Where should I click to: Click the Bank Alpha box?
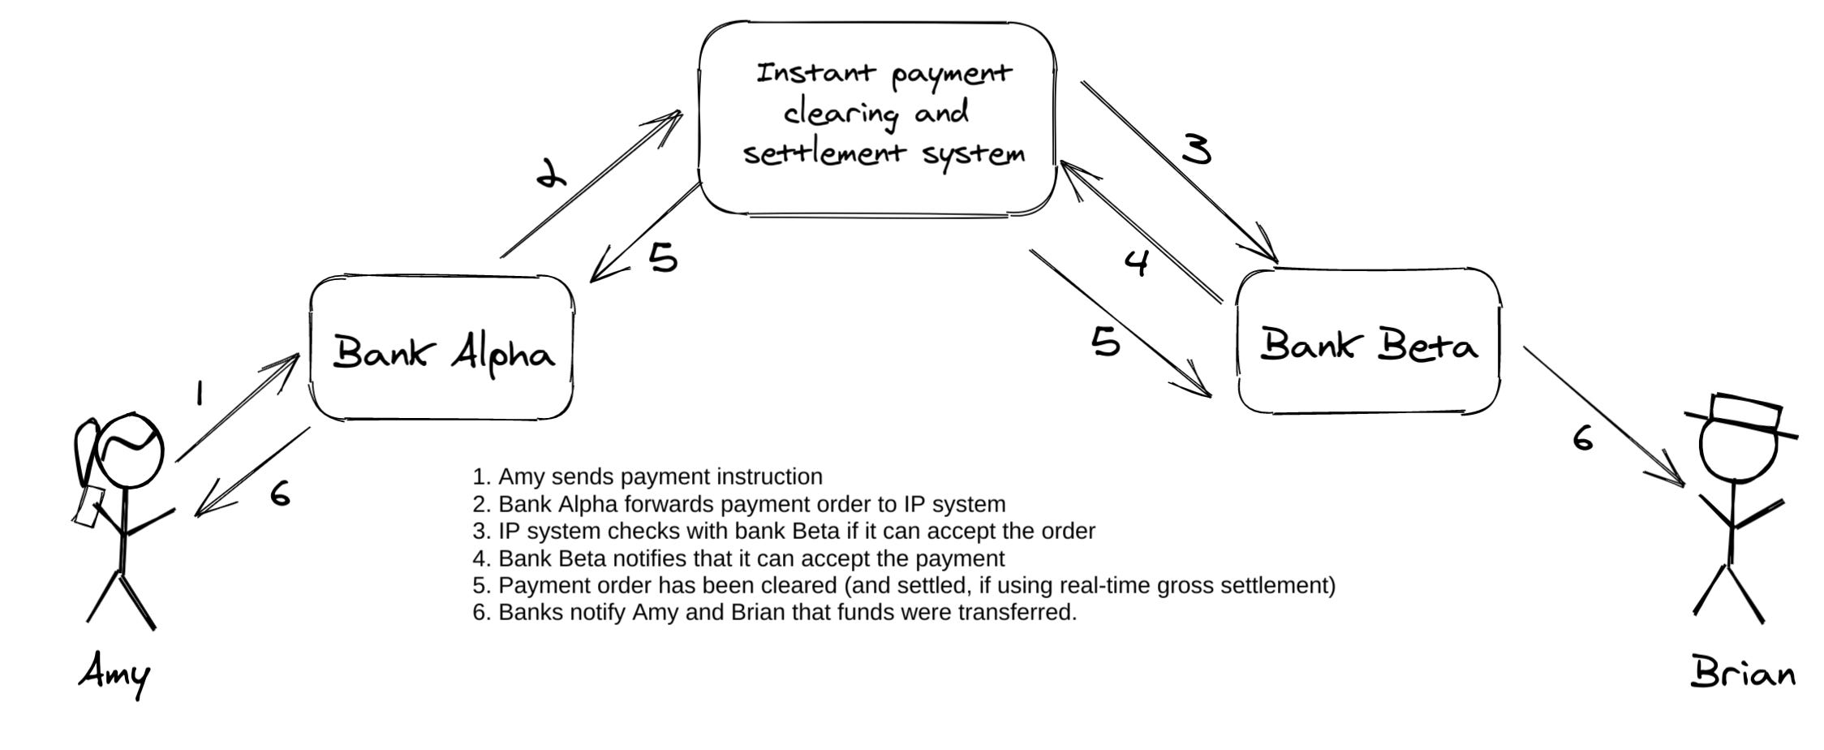(442, 349)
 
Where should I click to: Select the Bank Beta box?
(1368, 343)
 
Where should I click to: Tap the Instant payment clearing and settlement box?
(878, 118)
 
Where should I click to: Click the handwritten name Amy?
(114, 675)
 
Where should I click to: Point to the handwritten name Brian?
(1742, 673)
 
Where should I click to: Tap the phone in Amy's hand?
(87, 505)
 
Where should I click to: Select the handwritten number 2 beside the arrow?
(552, 173)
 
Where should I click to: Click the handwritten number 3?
(1196, 149)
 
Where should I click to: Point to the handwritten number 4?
(1137, 262)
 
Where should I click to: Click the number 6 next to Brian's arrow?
(1583, 438)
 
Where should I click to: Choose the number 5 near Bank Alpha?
(663, 257)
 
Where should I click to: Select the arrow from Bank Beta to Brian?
(1602, 416)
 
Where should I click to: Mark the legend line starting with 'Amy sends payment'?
(647, 476)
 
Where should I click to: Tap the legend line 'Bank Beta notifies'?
(738, 558)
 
